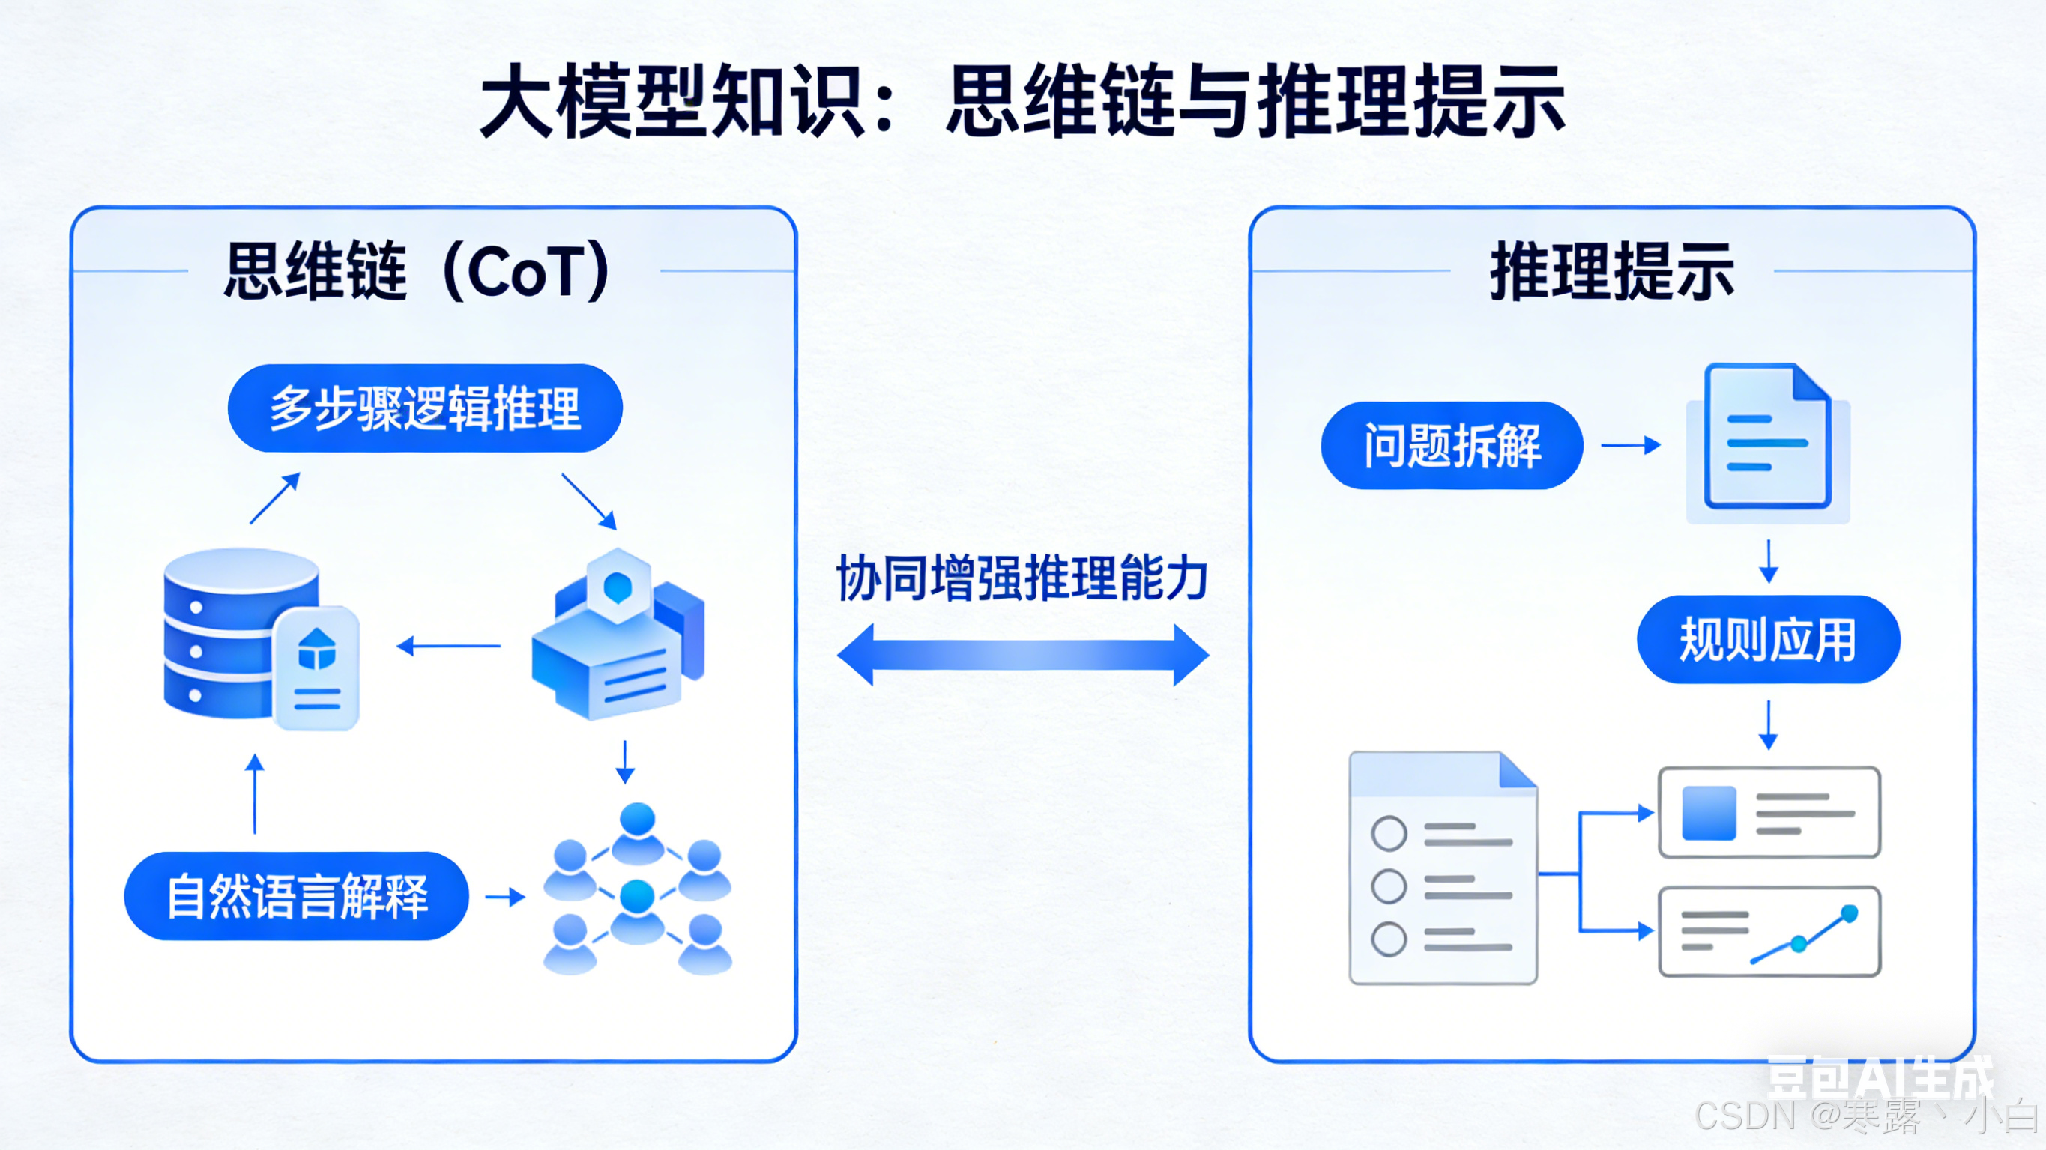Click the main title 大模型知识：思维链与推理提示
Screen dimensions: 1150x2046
point(1022,101)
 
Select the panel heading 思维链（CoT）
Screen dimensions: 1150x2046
point(416,272)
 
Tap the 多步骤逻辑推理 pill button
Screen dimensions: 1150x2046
point(425,408)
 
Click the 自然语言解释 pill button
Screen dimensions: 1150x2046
point(296,896)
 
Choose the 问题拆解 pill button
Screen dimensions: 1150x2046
point(1452,446)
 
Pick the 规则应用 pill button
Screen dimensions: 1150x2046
point(1768,639)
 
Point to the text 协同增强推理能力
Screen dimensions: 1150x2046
point(1022,578)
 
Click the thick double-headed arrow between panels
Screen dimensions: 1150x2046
point(1023,655)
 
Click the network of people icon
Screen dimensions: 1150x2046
point(637,889)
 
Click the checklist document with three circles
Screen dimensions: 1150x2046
point(1443,868)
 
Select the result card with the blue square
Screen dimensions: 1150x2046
point(1769,811)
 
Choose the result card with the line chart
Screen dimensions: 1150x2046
point(1769,930)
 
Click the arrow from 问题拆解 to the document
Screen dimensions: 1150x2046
point(1631,445)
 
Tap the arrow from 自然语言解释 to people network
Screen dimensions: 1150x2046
point(505,898)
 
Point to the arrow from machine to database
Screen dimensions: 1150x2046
point(449,646)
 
